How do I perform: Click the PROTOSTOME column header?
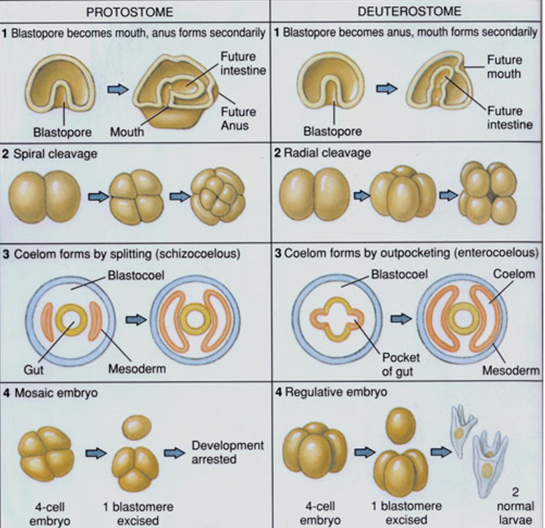coord(133,12)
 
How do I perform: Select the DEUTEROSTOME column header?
coord(409,12)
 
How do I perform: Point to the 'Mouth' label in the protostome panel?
coord(127,132)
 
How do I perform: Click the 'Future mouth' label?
coord(504,66)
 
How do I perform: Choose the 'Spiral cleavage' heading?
coord(53,154)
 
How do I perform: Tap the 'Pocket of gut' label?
coord(397,364)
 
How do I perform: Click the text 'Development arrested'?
coord(228,452)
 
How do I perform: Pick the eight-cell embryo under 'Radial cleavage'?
coord(488,193)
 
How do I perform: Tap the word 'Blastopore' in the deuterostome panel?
coord(333,131)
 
